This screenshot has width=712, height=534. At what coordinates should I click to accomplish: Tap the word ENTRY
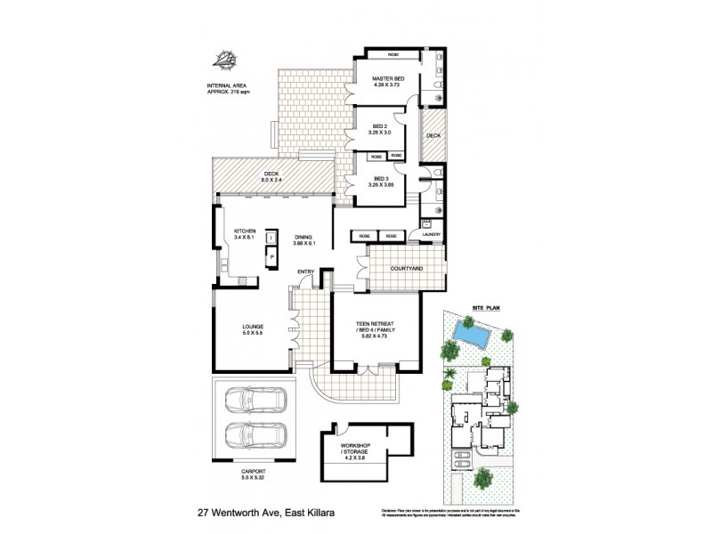tap(306, 271)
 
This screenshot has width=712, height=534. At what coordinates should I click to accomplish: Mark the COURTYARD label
tap(405, 268)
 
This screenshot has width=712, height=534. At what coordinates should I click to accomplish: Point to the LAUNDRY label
tap(432, 235)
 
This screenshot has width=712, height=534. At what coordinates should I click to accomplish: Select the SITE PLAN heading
tap(486, 305)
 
